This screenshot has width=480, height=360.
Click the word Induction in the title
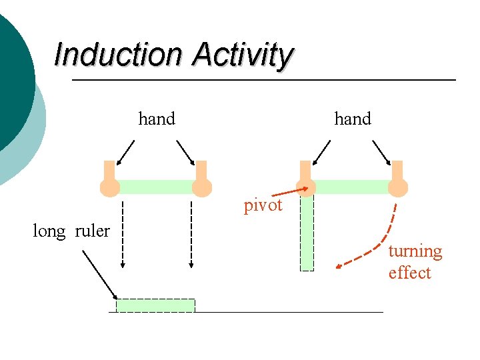pos(119,55)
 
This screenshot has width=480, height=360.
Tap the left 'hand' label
pos(157,119)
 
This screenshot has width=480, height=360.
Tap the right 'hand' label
pos(353,119)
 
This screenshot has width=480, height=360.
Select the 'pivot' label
pos(263,205)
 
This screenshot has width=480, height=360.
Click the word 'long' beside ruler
pos(49,231)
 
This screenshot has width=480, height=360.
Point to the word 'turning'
pos(415,251)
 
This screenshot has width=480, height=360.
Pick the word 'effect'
pos(409,273)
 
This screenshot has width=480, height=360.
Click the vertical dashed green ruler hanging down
pos(307,233)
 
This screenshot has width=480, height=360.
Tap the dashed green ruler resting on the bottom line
pos(155,305)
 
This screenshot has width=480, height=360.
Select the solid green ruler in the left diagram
pos(155,187)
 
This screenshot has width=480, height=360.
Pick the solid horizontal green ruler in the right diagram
pos(352,187)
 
